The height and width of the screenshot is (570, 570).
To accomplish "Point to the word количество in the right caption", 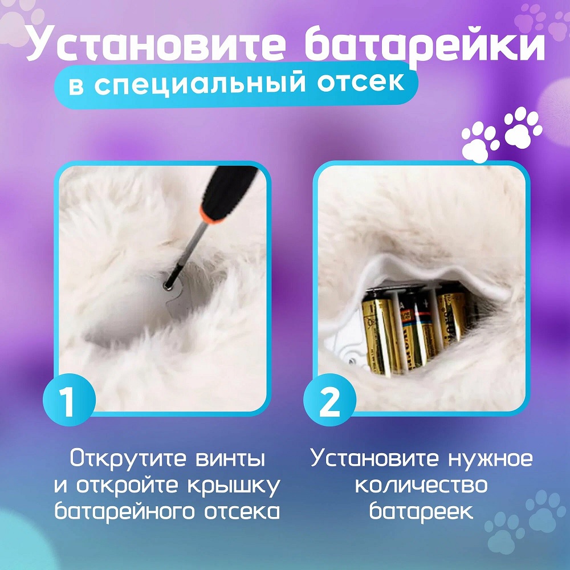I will [x=422, y=485].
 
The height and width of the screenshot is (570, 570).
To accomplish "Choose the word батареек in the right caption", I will [x=422, y=511].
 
